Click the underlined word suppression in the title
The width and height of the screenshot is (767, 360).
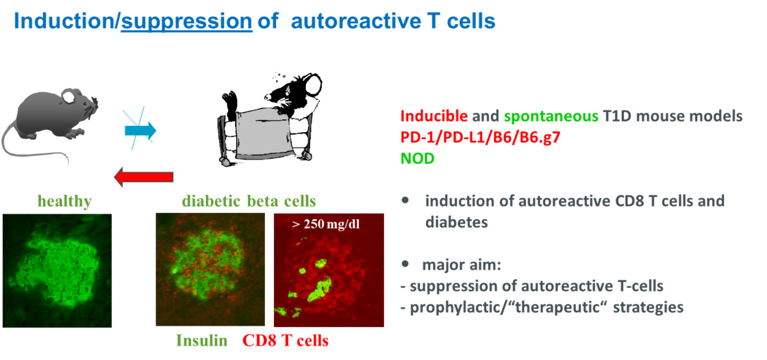186,22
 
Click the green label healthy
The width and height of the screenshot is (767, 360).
65,201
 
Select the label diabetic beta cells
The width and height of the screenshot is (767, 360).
249,201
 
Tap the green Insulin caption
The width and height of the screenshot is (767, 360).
202,340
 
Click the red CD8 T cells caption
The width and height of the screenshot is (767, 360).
286,340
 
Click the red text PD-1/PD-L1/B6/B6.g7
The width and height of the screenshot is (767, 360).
480,138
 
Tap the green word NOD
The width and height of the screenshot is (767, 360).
417,159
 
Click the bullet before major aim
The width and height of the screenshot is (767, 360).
405,264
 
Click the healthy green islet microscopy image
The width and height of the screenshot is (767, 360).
57,270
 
